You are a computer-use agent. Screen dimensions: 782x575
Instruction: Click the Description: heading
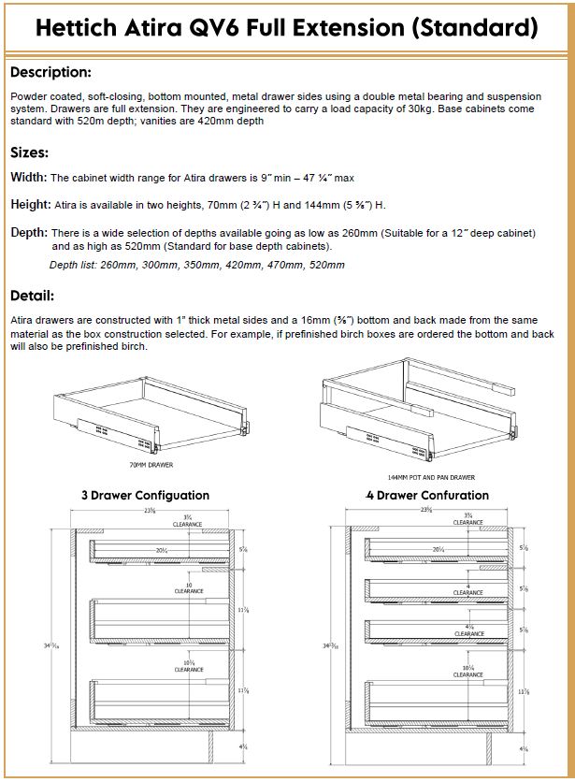[x=50, y=72]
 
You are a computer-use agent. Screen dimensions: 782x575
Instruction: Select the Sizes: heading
[x=30, y=152]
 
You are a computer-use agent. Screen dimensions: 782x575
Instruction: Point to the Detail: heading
[x=33, y=296]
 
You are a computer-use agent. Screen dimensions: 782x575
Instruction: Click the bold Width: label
[x=28, y=178]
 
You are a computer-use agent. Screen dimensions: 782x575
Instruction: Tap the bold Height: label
[x=30, y=205]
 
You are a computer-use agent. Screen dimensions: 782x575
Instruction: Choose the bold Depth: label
[x=29, y=232]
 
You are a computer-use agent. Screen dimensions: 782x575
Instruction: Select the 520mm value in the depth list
[x=327, y=266]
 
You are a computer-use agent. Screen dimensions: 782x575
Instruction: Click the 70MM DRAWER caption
[x=151, y=464]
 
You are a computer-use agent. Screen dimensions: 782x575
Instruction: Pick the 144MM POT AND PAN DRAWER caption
[x=425, y=476]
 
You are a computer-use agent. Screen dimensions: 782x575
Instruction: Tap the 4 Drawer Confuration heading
[x=427, y=495]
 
